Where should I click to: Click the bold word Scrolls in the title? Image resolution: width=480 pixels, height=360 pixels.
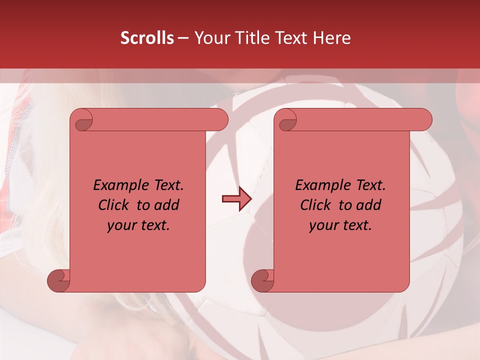point(147,38)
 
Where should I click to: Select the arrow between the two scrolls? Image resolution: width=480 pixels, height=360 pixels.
point(236,199)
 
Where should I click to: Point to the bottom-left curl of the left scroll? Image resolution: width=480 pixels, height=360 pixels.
point(58,280)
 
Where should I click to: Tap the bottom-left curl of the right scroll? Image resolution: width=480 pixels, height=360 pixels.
point(262,280)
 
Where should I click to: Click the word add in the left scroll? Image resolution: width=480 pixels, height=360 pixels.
point(167,205)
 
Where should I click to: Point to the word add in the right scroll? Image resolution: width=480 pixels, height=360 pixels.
point(369,205)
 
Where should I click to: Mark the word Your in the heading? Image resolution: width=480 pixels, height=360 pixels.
point(211,38)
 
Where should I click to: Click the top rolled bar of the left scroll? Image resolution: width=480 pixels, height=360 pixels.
point(155,120)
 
